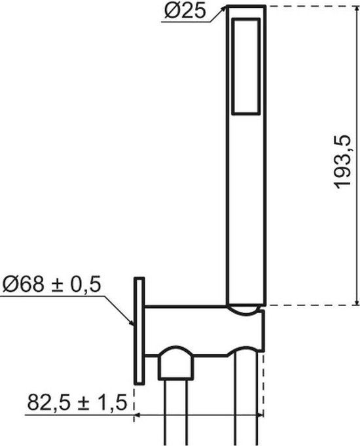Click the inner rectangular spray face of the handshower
(x=245, y=65)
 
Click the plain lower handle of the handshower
(x=245, y=209)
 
